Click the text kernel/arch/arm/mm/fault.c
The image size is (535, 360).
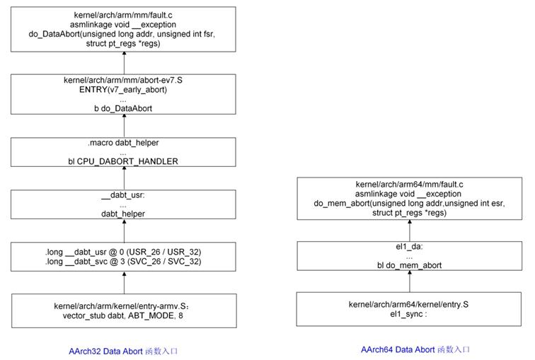point(123,15)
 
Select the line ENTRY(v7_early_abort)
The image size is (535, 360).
point(123,90)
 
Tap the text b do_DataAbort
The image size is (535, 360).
point(123,108)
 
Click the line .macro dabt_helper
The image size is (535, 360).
point(123,142)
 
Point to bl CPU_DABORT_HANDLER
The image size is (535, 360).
point(123,161)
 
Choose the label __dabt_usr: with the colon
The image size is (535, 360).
point(123,195)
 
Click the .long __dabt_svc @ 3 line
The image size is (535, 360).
point(123,262)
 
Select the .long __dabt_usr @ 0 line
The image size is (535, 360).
point(123,252)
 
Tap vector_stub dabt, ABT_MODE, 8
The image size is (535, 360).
point(123,315)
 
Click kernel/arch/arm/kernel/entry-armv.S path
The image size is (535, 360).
point(122,306)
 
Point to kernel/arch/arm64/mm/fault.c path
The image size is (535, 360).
point(410,185)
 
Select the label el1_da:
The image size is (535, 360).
point(410,246)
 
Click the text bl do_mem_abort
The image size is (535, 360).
point(410,265)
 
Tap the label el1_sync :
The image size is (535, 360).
point(409,314)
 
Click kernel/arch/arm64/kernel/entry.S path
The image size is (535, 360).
point(409,304)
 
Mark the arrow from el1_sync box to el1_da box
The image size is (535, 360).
point(410,281)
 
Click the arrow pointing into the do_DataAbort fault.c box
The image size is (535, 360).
point(125,63)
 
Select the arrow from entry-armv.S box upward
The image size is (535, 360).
point(125,283)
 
